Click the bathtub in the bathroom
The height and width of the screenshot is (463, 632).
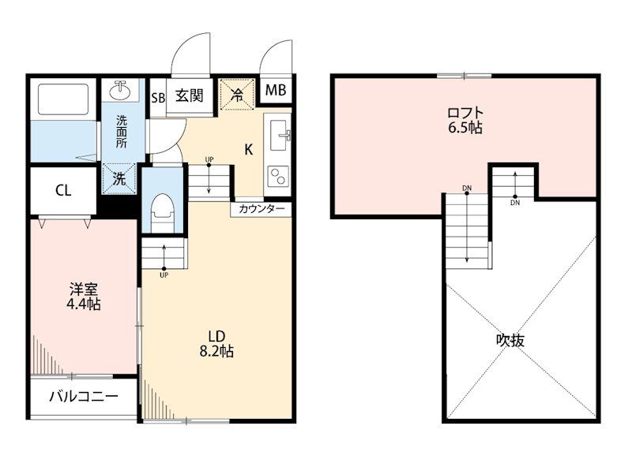[x=63, y=99]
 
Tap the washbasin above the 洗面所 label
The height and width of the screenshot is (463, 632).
[x=120, y=90]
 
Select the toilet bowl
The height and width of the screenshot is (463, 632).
[x=162, y=213]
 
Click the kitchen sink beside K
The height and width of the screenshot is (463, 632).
[x=279, y=135]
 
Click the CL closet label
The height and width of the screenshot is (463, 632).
[x=63, y=190]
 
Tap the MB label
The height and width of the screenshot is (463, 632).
[x=276, y=90]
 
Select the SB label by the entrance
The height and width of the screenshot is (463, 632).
[x=158, y=98]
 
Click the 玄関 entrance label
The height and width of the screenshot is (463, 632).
[x=189, y=95]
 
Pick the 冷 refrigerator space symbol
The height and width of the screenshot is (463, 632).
[x=237, y=95]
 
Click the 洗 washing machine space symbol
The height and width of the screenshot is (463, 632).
[x=119, y=178]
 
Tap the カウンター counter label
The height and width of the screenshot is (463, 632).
[x=261, y=209]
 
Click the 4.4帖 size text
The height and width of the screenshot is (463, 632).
[x=84, y=304]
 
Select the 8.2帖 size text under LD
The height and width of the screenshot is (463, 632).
[x=216, y=351]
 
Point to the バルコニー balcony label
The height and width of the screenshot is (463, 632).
[x=84, y=397]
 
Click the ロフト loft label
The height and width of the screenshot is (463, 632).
[x=465, y=112]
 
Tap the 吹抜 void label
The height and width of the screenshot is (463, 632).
[x=510, y=341]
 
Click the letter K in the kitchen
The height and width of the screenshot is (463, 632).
[x=249, y=150]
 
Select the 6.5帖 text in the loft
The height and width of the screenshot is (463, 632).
[x=465, y=128]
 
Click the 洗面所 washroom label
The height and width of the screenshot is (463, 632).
[x=122, y=132]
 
